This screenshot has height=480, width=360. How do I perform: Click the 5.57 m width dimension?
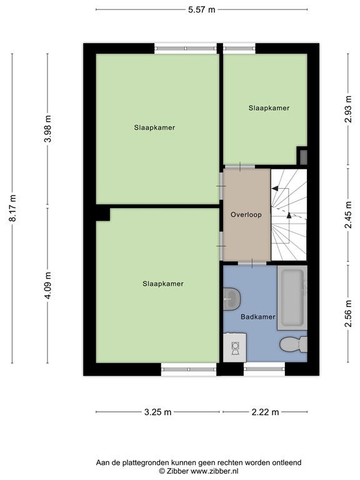[201, 10]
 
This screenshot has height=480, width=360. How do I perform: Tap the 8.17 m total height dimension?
[13, 208]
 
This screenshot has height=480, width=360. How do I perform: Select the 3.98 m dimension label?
[47, 129]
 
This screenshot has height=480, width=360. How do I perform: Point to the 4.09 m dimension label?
[47, 285]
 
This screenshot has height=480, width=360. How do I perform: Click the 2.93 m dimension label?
[348, 109]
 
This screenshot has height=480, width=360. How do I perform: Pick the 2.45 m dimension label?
[348, 215]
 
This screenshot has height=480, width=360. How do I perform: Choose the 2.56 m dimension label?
[348, 314]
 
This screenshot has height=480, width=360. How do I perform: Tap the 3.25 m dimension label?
[157, 412]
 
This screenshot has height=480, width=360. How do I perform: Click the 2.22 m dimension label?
[265, 412]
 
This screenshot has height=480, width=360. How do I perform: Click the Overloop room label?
[246, 214]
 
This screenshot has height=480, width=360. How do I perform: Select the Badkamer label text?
[257, 317]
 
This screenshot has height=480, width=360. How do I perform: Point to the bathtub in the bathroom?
[292, 298]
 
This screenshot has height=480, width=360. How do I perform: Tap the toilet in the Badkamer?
[294, 344]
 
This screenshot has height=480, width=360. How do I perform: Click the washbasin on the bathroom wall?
[231, 299]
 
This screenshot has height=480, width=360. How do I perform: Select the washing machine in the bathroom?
[235, 347]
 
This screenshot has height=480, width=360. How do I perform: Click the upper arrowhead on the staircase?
[275, 189]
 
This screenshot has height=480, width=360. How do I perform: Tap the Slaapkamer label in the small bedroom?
[269, 108]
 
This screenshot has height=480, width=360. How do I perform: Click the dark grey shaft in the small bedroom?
[303, 157]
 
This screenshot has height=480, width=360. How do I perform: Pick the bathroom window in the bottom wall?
[264, 369]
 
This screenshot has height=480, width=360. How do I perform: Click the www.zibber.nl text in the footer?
[214, 471]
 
